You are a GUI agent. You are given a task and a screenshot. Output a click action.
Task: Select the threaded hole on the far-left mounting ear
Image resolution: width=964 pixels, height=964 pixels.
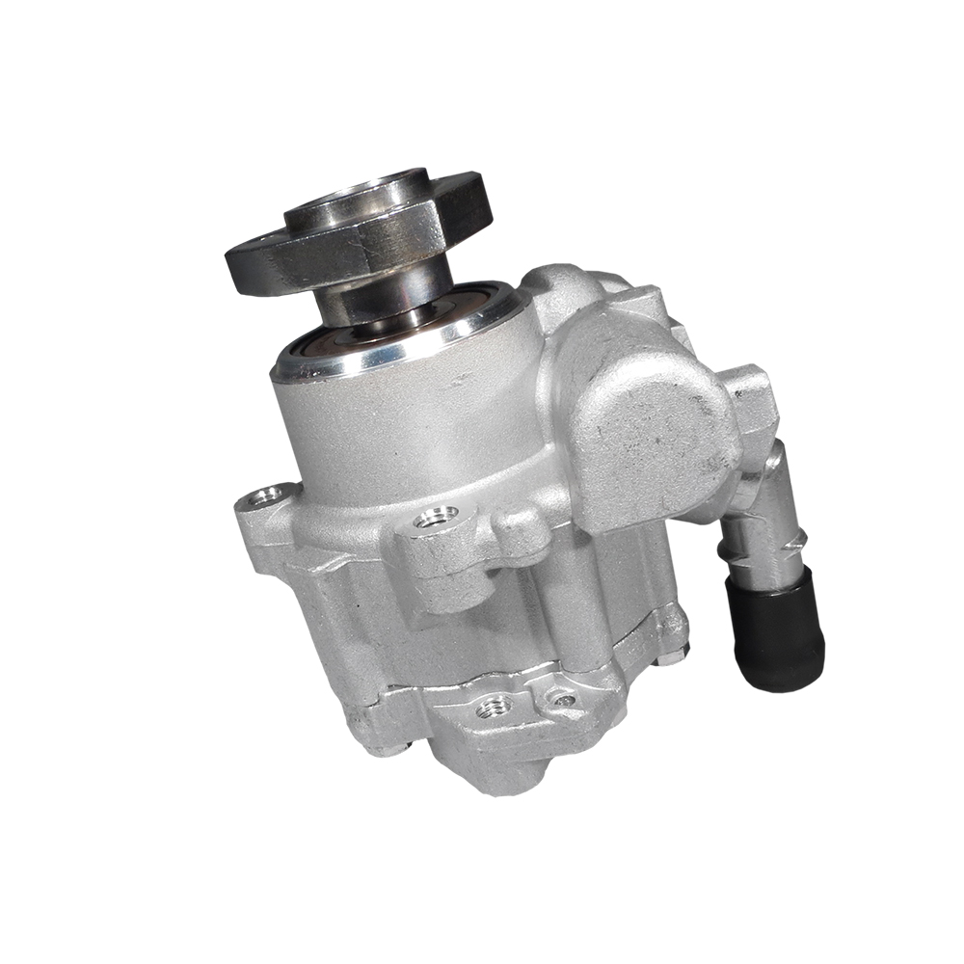coord(261,496)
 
